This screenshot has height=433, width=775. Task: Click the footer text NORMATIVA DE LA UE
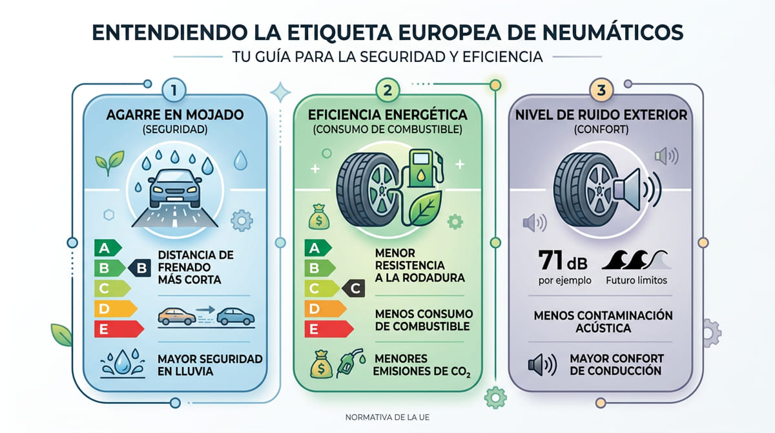(x=387, y=417)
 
